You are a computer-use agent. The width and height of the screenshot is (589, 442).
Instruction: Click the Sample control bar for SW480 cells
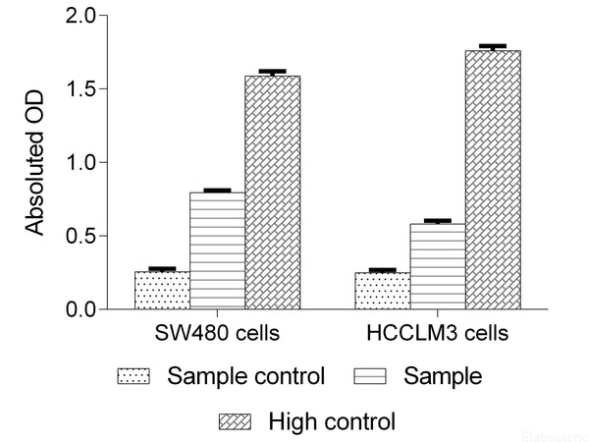click(x=162, y=290)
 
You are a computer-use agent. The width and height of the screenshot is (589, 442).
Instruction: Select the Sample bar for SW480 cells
click(x=217, y=250)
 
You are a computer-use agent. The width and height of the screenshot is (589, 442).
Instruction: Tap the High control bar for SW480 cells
click(x=272, y=193)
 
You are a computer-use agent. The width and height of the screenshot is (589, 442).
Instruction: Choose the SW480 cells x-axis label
click(x=217, y=333)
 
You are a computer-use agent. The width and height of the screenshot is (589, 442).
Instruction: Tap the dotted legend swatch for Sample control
click(x=134, y=376)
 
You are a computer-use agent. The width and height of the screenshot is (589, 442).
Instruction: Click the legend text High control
click(x=331, y=422)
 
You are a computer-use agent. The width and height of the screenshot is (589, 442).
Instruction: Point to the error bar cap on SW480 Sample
click(x=217, y=190)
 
